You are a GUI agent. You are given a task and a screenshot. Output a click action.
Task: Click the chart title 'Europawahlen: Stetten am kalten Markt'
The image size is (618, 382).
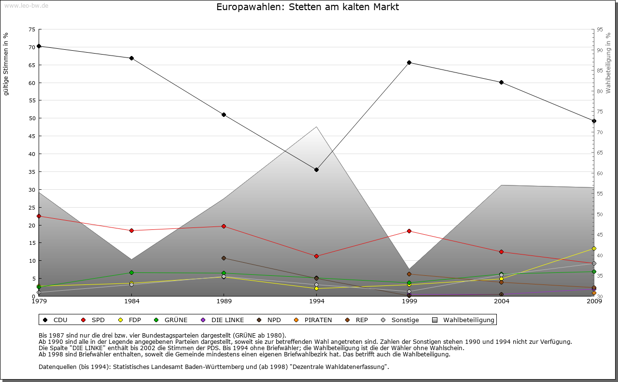308,7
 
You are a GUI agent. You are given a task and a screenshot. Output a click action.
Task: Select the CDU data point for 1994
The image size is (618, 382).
316,170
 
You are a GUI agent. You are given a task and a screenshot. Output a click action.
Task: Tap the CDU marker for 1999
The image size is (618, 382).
409,62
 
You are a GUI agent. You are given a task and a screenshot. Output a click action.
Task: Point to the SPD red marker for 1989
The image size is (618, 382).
224,226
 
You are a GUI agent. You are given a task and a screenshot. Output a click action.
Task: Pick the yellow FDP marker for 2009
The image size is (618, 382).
594,248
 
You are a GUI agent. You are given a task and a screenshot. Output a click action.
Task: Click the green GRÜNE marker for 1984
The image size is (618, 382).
131,273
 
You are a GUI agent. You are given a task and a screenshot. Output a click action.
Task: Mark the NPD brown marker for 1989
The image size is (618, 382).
224,258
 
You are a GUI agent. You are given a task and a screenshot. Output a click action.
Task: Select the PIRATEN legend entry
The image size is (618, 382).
313,320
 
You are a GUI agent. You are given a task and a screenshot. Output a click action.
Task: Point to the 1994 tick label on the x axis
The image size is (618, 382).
316,302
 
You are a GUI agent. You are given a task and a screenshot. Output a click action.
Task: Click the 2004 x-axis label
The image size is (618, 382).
501,302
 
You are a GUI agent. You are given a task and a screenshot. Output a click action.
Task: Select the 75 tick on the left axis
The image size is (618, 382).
32,29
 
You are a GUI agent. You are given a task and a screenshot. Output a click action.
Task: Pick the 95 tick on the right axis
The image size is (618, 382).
600,29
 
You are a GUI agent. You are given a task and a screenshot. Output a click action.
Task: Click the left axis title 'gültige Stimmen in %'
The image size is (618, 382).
6,64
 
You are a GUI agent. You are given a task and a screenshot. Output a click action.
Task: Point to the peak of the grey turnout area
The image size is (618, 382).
316,127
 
